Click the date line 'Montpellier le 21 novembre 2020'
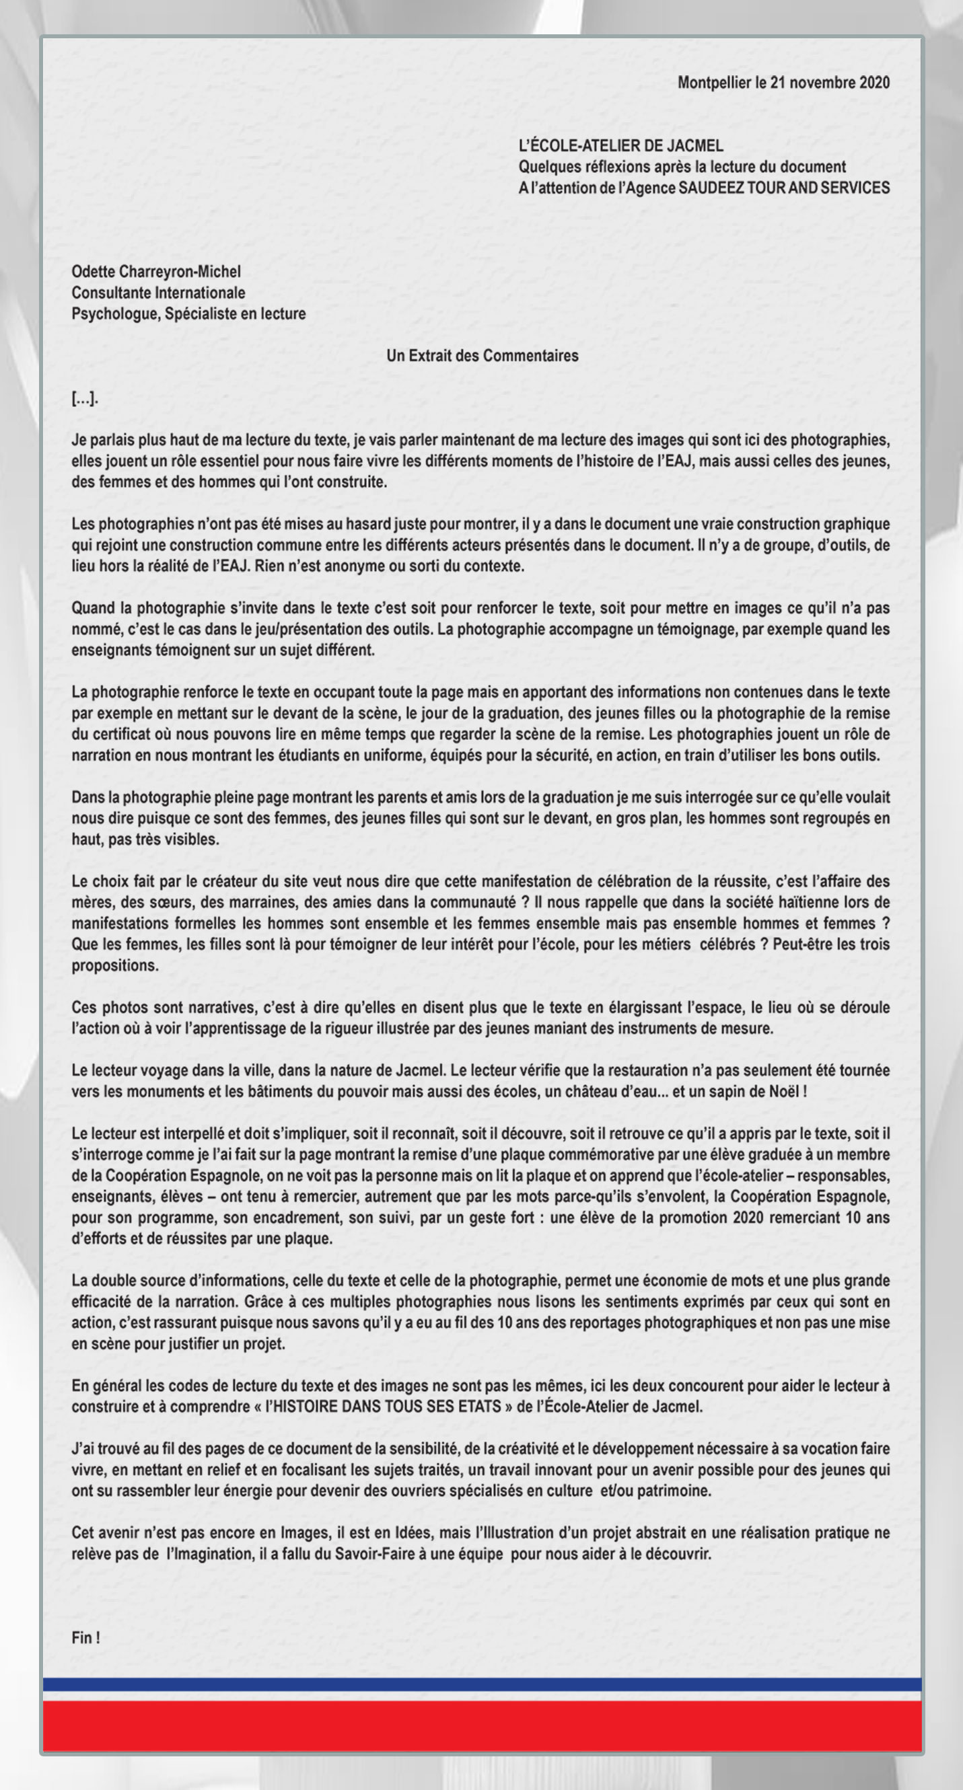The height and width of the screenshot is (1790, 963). pos(783,83)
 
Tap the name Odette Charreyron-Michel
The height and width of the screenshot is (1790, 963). pos(155,272)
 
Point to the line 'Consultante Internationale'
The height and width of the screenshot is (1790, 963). pos(158,293)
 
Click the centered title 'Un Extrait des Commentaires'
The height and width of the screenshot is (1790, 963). pos(482,356)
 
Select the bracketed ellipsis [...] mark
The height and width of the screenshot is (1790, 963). pos(84,398)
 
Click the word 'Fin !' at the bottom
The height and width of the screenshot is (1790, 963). pos(85,1638)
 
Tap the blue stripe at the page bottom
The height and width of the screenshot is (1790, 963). pos(482,1684)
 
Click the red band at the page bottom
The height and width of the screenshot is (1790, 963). pos(482,1726)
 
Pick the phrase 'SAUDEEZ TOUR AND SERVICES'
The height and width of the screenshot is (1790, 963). pos(783,188)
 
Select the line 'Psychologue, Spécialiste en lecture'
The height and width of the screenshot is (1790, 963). pos(188,313)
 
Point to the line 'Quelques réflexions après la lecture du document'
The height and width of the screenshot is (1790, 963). pos(682,167)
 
